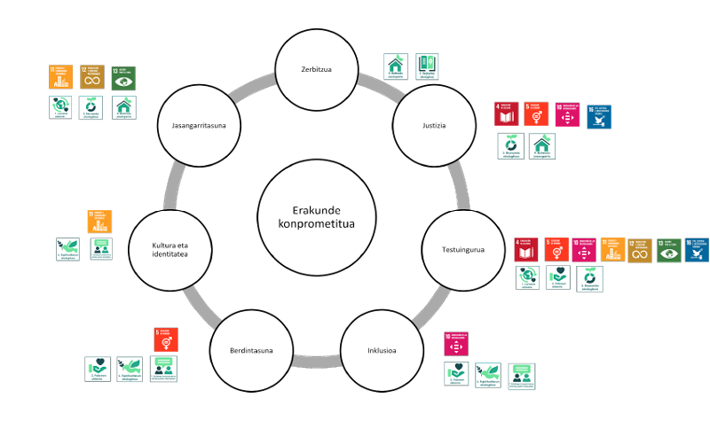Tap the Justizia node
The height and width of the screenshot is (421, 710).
point(433,125)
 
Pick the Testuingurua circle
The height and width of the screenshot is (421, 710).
point(463,250)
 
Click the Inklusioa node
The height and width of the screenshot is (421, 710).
point(382,350)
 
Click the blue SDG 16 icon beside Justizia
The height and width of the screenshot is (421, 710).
point(599,116)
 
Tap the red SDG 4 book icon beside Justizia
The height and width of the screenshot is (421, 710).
point(506,114)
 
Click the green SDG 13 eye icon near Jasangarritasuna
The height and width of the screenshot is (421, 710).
point(124,78)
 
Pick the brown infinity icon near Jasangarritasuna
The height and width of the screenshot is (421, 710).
point(92,78)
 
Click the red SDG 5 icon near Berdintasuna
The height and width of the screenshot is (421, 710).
point(166,339)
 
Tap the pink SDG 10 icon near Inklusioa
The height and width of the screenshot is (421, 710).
point(456,344)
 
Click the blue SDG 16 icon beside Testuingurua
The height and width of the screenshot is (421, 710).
point(697,250)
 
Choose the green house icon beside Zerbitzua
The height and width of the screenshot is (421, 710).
point(396,66)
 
